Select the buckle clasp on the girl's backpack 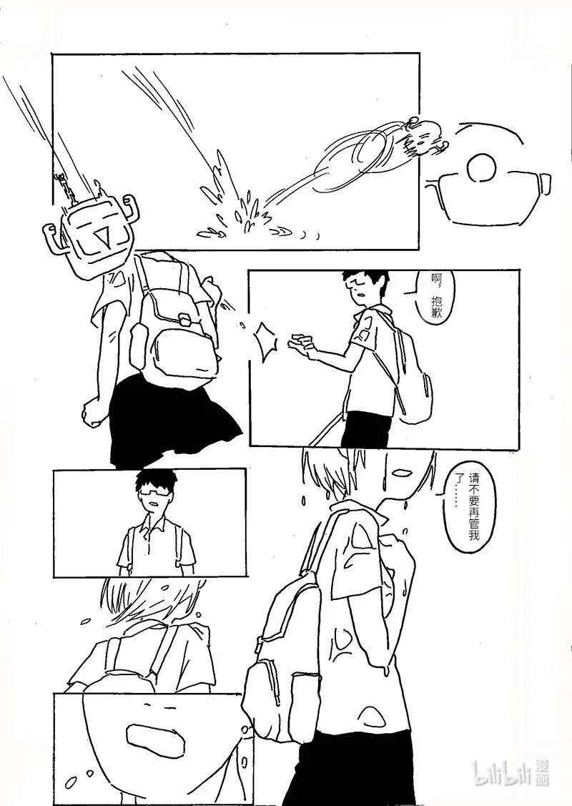[x=184, y=320]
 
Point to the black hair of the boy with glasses [x=155, y=480]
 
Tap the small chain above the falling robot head [x=65, y=187]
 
